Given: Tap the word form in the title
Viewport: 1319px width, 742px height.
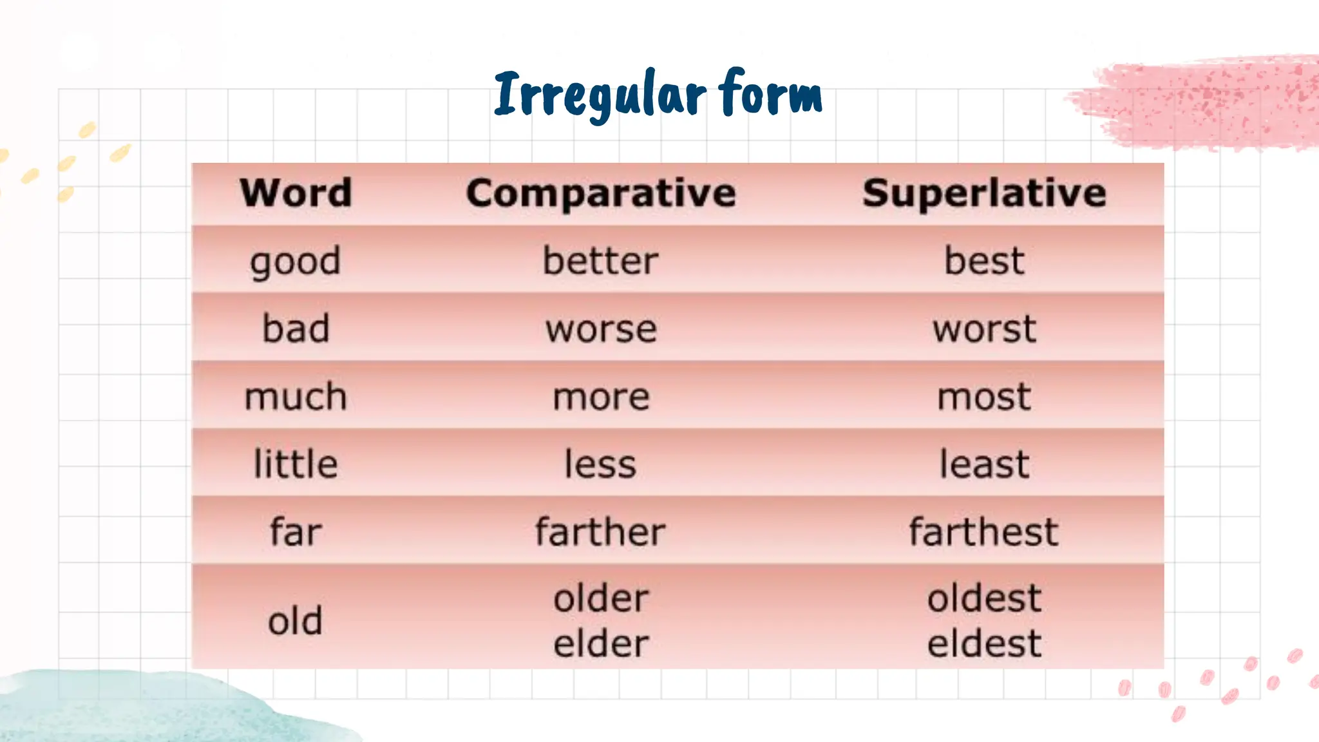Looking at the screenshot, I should click(x=770, y=94).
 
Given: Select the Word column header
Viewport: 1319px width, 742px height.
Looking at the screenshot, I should click(x=296, y=193).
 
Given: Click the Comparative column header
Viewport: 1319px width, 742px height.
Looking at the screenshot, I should click(x=601, y=193).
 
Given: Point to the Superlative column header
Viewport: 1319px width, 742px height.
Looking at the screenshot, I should click(x=984, y=193).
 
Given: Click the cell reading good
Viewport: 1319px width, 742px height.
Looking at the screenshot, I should click(x=296, y=262).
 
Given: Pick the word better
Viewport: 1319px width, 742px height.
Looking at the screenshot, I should click(x=600, y=261).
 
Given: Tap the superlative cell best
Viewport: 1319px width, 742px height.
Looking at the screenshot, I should click(x=984, y=261).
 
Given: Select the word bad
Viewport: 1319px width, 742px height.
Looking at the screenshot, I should click(x=296, y=328).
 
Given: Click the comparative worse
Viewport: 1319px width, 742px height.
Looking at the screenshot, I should click(x=601, y=330).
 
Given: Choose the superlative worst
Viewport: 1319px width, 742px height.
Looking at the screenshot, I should click(x=984, y=329).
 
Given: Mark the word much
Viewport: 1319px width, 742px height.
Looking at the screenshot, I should click(x=296, y=397).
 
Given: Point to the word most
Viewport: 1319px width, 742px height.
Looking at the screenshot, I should click(x=984, y=397).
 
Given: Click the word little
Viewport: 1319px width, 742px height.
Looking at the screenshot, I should click(x=296, y=464).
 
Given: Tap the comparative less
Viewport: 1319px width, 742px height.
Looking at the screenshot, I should click(x=600, y=464).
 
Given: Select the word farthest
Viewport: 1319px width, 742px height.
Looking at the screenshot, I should click(x=983, y=532).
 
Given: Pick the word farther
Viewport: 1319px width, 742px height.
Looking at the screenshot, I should click(x=600, y=532).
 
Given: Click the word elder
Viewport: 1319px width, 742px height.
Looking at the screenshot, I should click(x=601, y=643).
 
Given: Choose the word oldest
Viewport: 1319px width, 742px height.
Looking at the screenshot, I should click(x=984, y=598).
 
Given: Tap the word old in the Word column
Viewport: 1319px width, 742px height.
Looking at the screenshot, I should click(x=295, y=621).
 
